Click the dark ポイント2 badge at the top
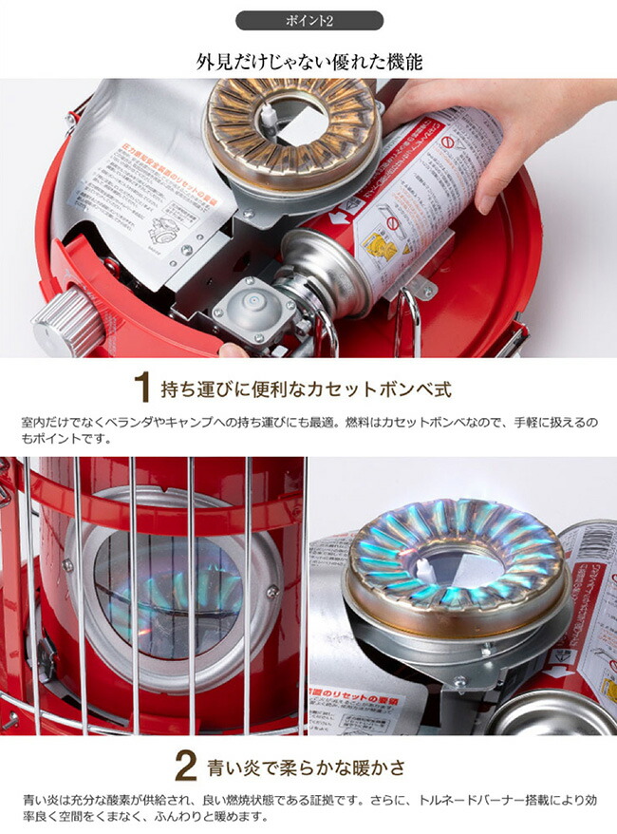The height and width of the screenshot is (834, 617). click(308, 20)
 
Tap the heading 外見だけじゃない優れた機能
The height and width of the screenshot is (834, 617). click(308, 63)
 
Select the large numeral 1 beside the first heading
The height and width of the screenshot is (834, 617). click(142, 388)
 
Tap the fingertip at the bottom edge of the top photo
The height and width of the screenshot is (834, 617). click(233, 350)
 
